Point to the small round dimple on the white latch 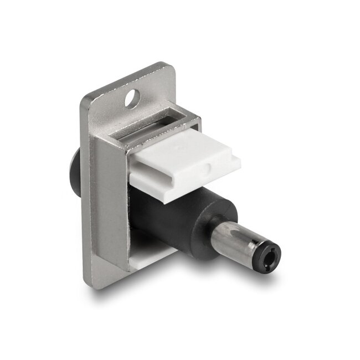pyautogui.click(x=207, y=166)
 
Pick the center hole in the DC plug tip pyautogui.click(x=270, y=256)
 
